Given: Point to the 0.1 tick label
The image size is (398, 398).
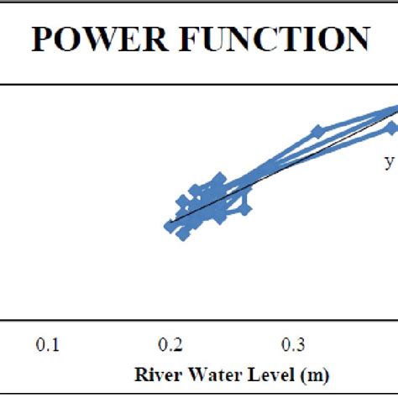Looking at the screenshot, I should pyautogui.click(x=50, y=344).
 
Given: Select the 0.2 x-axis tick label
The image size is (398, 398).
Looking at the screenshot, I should pyautogui.click(x=170, y=344).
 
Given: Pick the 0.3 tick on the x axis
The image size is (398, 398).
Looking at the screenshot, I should pyautogui.click(x=292, y=344).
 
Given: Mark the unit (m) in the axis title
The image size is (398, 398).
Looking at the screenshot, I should pyautogui.click(x=306, y=373).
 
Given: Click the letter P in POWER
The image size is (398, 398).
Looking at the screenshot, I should pyautogui.click(x=41, y=40).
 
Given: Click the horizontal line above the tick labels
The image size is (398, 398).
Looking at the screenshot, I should pyautogui.click(x=199, y=319).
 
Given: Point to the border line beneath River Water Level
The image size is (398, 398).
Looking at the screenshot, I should pyautogui.click(x=199, y=392).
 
